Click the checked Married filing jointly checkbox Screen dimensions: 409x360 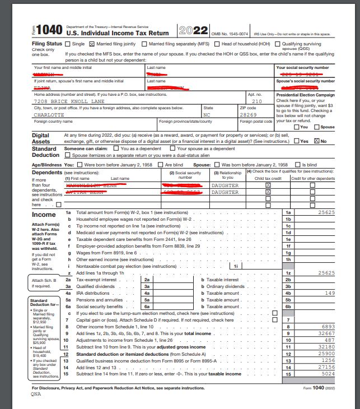coord(92,44)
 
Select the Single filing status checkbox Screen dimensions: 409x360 coord(69,44)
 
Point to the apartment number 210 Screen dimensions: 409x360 coord(256,101)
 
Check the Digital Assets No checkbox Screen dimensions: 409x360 coord(316,141)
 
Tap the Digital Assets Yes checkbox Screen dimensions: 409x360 coord(297,141)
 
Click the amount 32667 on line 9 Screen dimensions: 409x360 coord(326,333)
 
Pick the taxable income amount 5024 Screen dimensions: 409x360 coord(328,374)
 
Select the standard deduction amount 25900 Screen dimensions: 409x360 coord(326,354)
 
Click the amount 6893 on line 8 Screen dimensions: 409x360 coord(328,326)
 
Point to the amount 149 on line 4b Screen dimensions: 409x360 coord(330,292)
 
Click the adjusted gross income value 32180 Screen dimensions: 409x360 coord(326,347)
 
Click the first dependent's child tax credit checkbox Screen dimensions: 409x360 coord(268,184)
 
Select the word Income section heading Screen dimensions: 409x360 coord(44,215)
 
